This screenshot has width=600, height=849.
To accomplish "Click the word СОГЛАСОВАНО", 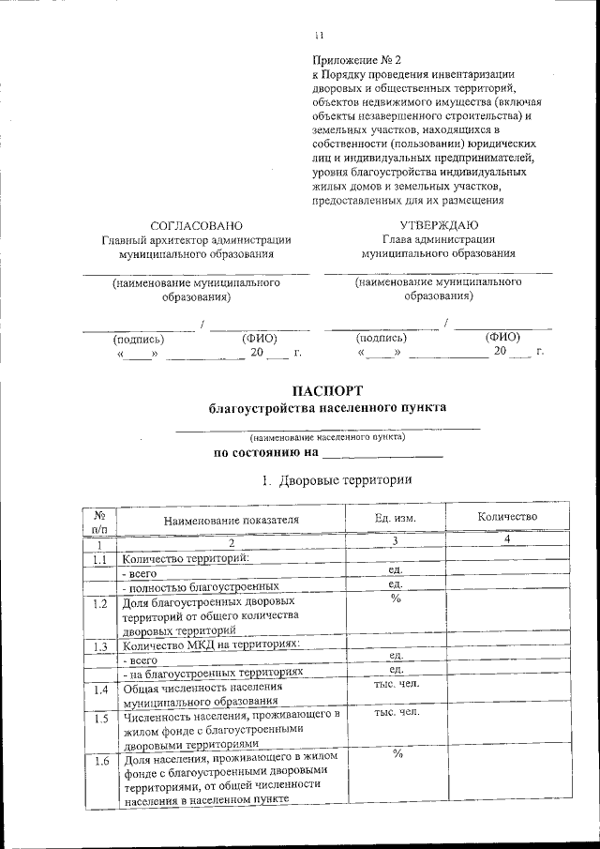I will click(196, 225).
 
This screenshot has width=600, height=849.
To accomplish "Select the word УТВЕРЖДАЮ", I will click(439, 225).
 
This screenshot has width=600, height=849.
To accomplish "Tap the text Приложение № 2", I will click(348, 58).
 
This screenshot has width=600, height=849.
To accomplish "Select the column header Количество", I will click(506, 517).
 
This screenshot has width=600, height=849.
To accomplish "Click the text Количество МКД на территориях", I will click(211, 645).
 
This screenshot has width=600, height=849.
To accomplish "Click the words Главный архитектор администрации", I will click(196, 240).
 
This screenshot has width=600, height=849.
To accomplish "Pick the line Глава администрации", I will click(439, 240).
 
